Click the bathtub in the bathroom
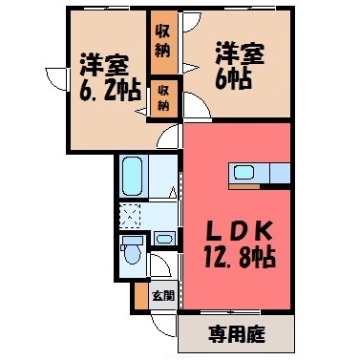(x=132, y=176)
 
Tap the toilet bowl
(x=133, y=255)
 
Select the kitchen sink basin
(x=244, y=174)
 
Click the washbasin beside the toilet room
(x=164, y=239)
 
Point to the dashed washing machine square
(x=130, y=216)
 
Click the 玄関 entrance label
(x=163, y=296)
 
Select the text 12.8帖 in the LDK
(x=240, y=257)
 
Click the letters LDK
(x=240, y=232)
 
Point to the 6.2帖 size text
(x=110, y=90)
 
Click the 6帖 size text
(x=233, y=78)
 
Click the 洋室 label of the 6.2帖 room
(x=104, y=65)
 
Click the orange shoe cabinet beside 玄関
(x=139, y=296)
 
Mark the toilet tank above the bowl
(x=133, y=242)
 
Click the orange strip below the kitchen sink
(x=244, y=186)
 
